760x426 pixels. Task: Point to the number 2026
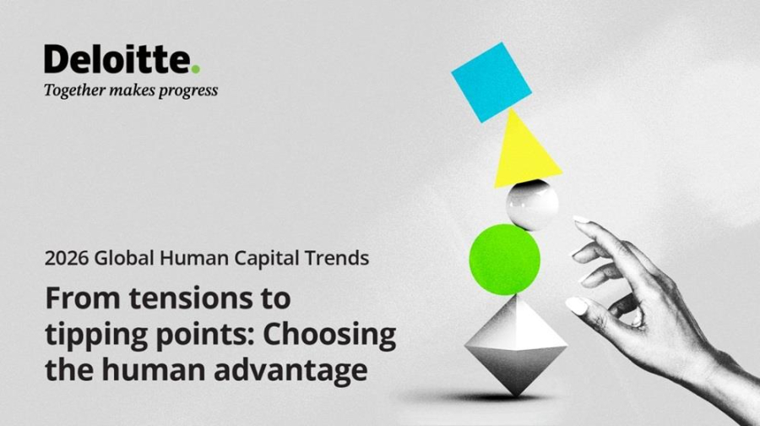[x=66, y=259]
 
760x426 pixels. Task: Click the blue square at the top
[x=491, y=83]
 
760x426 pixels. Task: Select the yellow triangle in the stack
[x=526, y=152]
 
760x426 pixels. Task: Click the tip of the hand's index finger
[x=580, y=221]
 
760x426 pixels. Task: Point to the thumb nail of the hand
[x=576, y=304]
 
